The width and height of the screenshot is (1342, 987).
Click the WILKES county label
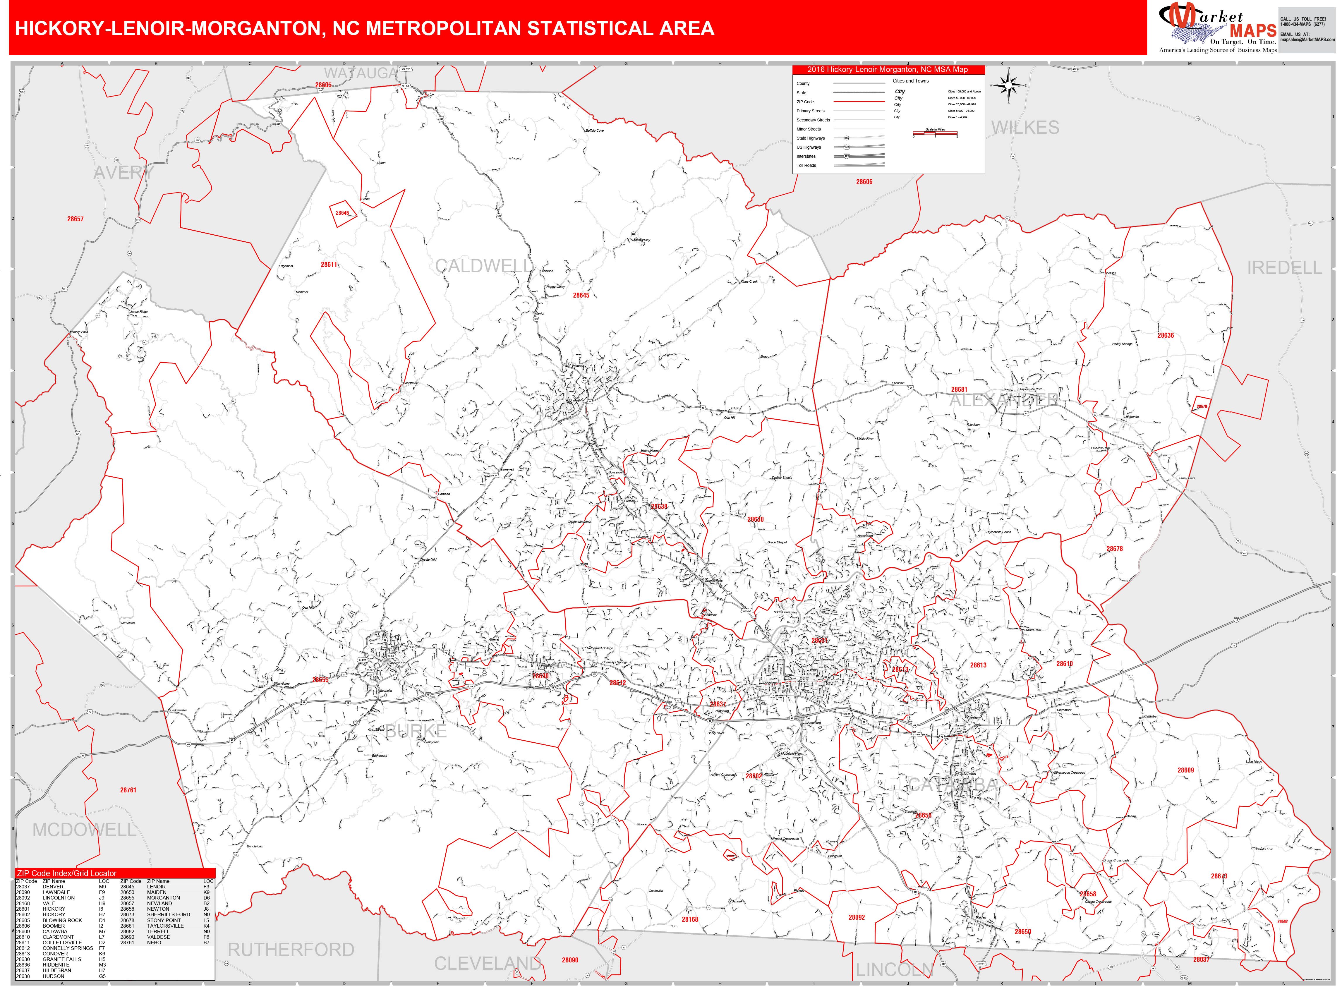coord(1025,128)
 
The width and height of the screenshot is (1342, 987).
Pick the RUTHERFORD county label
coord(291,950)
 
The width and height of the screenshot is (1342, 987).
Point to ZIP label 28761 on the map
coord(128,790)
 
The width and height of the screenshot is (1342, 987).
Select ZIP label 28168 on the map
coord(689,919)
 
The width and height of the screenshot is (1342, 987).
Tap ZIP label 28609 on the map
coord(1185,770)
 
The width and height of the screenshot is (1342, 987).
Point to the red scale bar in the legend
coord(935,133)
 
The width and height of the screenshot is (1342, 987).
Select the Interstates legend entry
coord(806,157)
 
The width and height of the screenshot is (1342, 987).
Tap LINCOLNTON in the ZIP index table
coord(59,898)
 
